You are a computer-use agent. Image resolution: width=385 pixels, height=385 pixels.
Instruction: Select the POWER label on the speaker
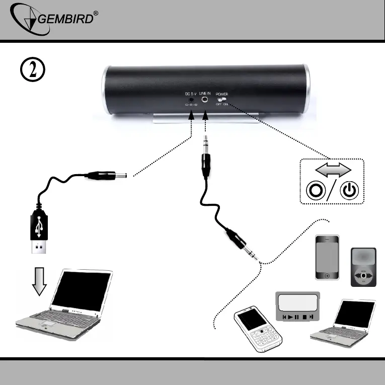pos(222,94)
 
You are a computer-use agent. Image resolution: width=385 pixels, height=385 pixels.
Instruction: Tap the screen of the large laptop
pos(81,290)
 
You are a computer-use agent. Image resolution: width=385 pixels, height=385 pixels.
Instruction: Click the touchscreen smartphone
pos(327,257)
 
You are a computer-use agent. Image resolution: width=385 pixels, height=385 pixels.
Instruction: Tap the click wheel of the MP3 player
pos(363,276)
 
